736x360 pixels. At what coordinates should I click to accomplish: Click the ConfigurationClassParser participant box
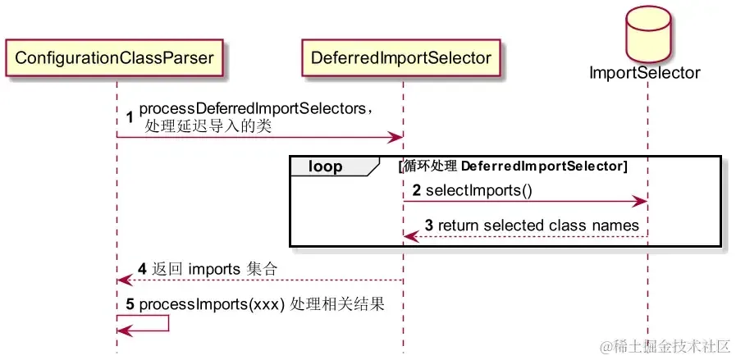point(115,57)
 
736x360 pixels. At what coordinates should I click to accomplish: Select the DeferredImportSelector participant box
point(401,57)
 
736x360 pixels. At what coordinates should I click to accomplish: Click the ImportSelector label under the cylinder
point(644,73)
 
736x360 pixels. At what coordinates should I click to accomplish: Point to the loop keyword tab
point(326,166)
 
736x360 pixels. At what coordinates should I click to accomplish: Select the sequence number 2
point(417,190)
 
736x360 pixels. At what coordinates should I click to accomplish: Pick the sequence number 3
point(429,226)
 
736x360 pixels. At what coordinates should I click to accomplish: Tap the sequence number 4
point(142,268)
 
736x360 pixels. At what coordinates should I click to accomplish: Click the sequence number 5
point(131,304)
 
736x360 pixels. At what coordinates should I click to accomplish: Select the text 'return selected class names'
point(538,226)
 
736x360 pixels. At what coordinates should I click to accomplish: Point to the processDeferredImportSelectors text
point(256,109)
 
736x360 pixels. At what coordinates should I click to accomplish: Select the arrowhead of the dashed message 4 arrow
point(122,280)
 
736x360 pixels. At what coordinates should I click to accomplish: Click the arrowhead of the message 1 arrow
point(396,137)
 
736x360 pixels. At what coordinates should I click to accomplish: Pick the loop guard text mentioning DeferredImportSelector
point(513,166)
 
